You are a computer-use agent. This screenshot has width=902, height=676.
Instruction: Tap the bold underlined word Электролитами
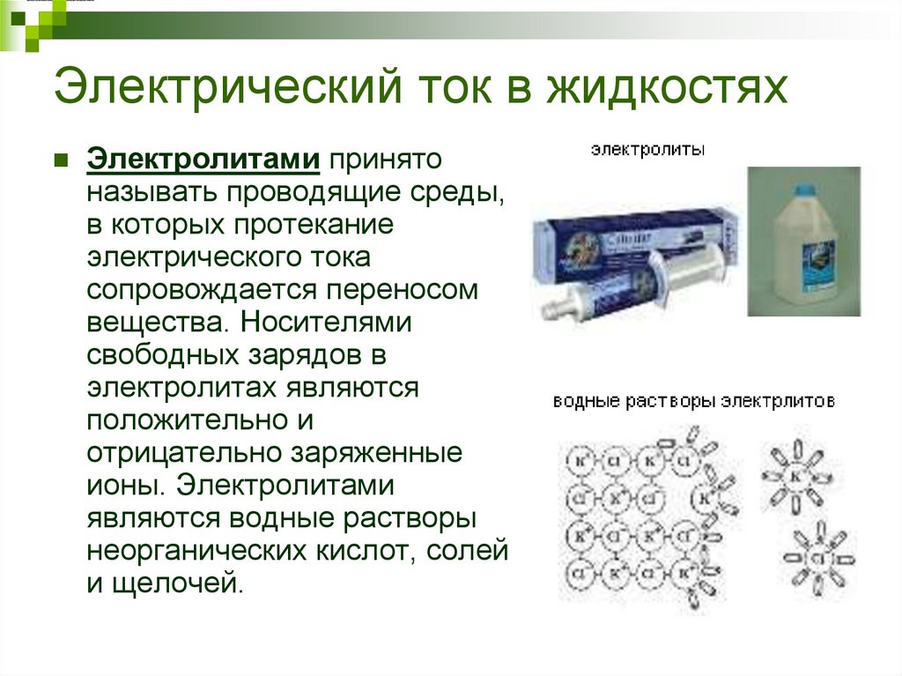(x=203, y=160)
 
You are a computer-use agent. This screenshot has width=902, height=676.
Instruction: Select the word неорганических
(x=196, y=551)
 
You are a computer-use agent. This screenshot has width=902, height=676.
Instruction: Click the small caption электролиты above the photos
(x=647, y=151)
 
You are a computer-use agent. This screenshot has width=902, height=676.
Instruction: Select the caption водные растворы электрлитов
(x=693, y=401)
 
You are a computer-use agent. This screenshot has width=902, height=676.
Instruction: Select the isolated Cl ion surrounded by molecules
(x=816, y=559)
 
